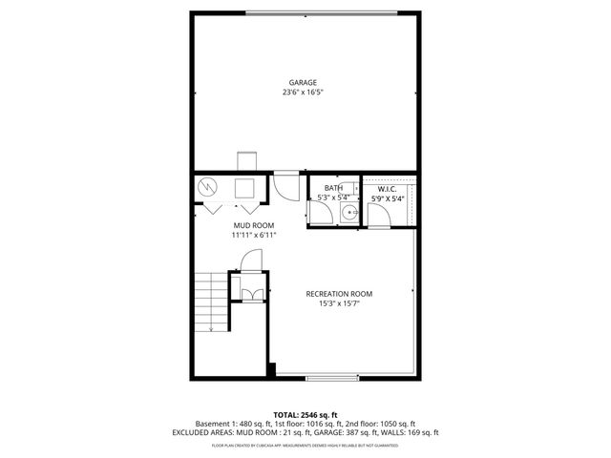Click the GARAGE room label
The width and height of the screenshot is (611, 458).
click(305, 83)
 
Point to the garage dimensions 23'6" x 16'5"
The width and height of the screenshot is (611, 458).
click(305, 94)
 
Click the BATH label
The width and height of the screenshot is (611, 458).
click(333, 188)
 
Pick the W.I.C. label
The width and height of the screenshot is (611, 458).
click(388, 189)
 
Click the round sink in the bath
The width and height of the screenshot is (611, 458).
click(350, 213)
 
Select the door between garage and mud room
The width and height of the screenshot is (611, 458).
click(285, 184)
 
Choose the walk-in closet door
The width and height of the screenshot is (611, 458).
click(379, 218)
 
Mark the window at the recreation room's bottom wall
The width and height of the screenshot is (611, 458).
click(333, 378)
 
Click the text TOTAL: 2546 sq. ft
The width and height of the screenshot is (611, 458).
click(305, 414)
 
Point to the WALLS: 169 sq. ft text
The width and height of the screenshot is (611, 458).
click(411, 432)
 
